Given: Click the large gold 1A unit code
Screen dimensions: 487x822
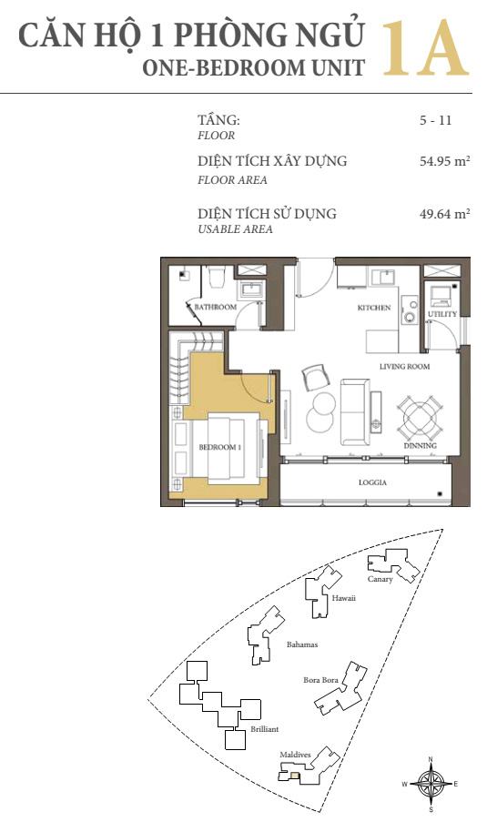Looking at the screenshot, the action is [425, 49].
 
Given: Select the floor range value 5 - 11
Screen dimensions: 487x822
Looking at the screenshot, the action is [435, 120].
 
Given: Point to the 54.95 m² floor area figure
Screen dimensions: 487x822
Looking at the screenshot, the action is [444, 161].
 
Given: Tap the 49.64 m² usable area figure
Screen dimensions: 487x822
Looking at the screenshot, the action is [444, 213].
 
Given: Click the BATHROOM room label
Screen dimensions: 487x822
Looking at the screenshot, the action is [216, 307].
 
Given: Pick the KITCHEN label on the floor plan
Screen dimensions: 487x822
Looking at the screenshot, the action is [374, 308].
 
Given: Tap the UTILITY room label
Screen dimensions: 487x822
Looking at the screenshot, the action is [442, 314].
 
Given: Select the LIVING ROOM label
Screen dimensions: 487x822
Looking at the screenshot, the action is [404, 367].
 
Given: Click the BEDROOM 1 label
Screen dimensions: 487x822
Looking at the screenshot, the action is [219, 447].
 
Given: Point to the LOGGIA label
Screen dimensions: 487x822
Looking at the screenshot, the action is [372, 482].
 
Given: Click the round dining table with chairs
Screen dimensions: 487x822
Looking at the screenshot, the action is [419, 419].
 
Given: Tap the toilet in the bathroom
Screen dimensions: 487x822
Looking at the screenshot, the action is [216, 278].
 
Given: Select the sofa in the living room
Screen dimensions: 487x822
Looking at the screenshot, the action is [355, 412].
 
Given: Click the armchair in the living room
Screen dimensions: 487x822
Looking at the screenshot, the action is [316, 377].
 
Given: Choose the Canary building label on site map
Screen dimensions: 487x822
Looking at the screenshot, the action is [380, 579].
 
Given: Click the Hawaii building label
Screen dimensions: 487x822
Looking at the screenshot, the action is [343, 598].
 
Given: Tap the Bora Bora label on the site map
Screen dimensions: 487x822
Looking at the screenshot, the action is [320, 680].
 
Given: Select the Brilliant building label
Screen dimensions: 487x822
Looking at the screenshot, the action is [264, 729].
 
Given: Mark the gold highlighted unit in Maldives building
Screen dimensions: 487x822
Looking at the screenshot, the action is [295, 776].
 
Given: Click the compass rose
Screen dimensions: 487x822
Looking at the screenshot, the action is [431, 784].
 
